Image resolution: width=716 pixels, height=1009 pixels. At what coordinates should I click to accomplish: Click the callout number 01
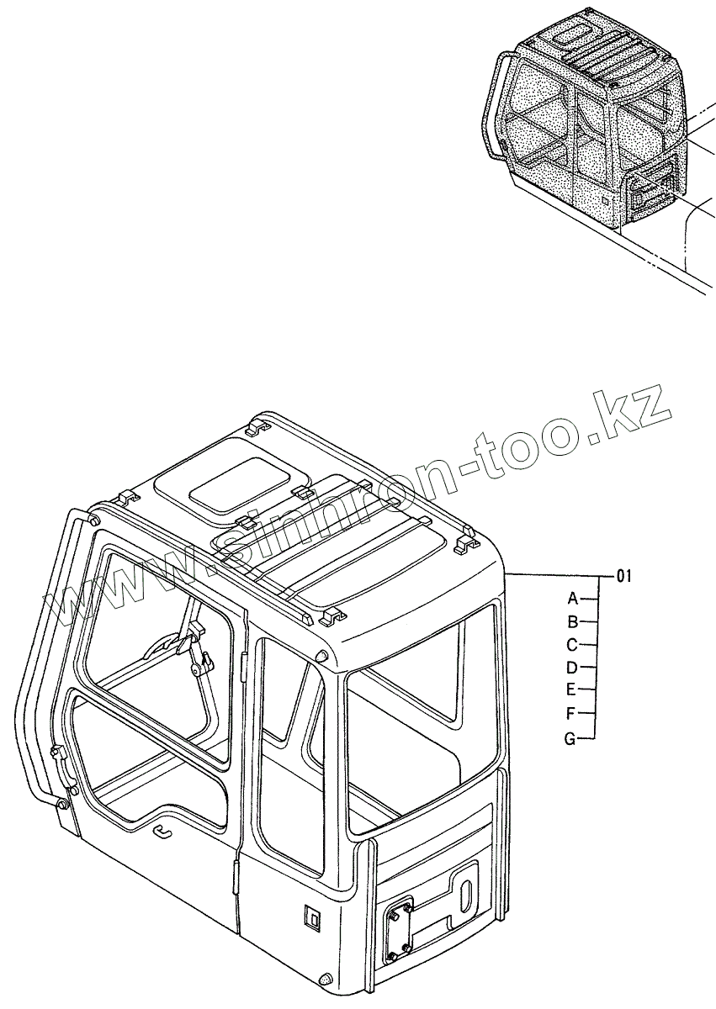point(623,576)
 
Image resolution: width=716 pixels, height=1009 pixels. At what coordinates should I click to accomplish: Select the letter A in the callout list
point(572,599)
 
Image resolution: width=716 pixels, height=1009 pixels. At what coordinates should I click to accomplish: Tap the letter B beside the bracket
point(572,622)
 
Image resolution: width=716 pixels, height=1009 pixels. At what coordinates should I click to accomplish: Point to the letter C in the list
point(571,645)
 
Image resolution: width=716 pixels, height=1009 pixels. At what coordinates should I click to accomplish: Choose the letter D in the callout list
point(571,668)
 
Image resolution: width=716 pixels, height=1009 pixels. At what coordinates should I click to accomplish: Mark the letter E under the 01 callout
point(571,690)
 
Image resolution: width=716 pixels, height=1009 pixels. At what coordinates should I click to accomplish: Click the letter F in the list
point(571,714)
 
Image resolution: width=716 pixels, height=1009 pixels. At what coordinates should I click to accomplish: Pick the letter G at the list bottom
point(570,739)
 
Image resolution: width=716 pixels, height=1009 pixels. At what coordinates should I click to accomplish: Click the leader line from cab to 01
point(555,575)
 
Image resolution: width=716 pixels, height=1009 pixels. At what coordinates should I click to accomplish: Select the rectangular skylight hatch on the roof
point(237,486)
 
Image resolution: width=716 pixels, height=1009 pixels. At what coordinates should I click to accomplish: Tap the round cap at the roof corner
point(322,656)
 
